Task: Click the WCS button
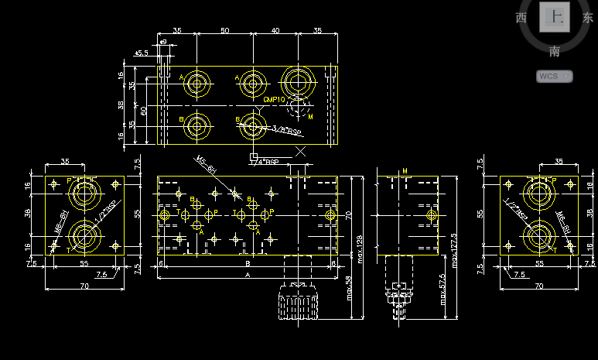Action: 554,76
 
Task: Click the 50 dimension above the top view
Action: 224,30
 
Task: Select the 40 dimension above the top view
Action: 275,30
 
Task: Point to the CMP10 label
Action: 275,100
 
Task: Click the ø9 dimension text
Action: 163,42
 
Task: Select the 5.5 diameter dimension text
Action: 142,53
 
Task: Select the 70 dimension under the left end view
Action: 84,286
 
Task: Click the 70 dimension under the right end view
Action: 538,286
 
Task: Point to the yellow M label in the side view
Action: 405,170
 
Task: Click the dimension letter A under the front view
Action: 248,275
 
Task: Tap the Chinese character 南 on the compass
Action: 555,52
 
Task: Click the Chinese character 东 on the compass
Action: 588,18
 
